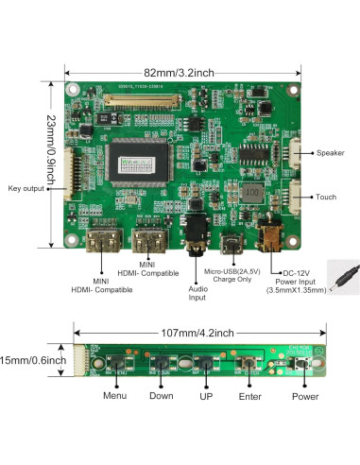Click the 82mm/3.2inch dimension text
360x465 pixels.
tap(180, 72)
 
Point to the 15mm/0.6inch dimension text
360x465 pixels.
tap(34, 360)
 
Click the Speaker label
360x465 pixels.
tap(330, 152)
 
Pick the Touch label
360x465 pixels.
tap(326, 197)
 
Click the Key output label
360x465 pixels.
tap(26, 189)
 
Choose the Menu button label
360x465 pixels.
tap(114, 396)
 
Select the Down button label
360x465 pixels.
tap(161, 396)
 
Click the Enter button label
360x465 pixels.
tap(249, 396)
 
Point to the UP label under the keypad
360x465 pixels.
tap(205, 396)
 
